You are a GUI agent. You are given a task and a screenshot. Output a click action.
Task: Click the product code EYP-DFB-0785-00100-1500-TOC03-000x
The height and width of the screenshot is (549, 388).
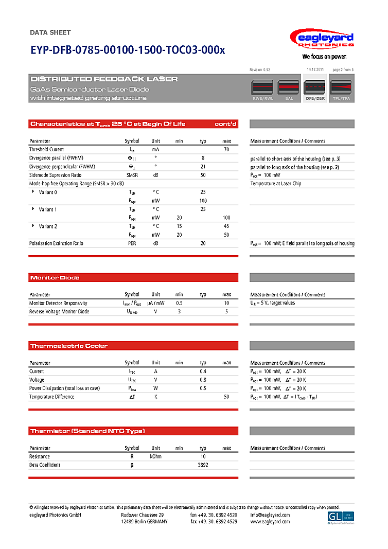point(127,50)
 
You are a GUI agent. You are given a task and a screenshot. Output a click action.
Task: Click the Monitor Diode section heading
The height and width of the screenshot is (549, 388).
point(55,278)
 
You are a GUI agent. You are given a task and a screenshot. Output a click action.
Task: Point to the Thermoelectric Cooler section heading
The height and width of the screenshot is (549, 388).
point(68,346)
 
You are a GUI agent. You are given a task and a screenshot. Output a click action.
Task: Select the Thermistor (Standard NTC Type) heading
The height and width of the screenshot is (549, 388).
point(87,431)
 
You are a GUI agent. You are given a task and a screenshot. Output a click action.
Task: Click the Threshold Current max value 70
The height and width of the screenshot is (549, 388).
point(226,149)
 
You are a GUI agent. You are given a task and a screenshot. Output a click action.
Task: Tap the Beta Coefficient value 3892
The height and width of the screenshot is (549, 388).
point(203,465)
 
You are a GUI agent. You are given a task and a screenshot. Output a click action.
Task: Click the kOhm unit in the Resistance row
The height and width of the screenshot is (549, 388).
point(155,456)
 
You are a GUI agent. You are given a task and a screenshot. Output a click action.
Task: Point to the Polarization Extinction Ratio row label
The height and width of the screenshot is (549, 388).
point(56,243)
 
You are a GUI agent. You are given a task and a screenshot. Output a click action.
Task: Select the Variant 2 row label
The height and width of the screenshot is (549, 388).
point(48,226)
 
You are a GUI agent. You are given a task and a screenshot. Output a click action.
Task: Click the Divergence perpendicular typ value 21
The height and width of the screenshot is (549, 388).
point(203,167)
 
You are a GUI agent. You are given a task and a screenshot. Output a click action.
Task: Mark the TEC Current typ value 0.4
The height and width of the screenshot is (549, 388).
point(203,371)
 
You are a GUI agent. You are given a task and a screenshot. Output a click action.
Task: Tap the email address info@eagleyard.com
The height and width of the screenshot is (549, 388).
point(270,515)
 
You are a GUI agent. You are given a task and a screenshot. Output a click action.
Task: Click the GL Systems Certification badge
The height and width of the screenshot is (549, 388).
point(340,517)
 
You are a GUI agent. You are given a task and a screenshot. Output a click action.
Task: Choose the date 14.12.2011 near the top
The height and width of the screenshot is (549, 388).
point(315,69)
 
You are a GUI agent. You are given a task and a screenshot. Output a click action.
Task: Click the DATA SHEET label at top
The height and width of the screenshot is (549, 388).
point(50,32)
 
